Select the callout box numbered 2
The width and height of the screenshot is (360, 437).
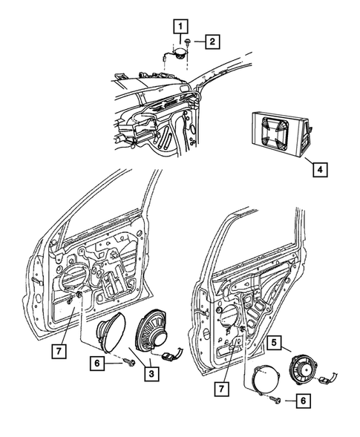coord(212,42)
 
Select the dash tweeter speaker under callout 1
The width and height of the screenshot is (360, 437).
coord(178,53)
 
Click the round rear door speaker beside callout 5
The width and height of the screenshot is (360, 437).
coord(303,369)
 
